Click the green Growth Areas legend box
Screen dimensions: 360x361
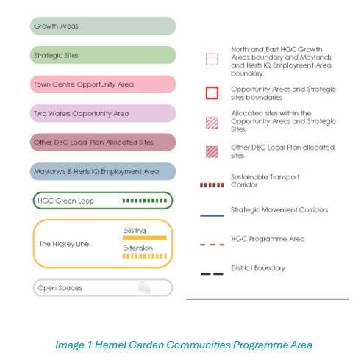103,26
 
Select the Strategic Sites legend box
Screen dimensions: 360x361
103,55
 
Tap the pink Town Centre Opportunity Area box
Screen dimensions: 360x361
103,84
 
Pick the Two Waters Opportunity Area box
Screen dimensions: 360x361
103,113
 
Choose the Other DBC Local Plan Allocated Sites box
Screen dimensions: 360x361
103,142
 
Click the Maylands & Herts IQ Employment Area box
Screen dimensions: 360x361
103,171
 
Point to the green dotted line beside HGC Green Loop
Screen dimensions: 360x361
145,201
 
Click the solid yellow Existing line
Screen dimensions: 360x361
145,237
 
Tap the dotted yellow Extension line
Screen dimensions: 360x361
145,256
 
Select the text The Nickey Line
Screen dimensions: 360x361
63,244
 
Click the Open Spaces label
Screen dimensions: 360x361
60,288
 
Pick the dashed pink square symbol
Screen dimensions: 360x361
212,60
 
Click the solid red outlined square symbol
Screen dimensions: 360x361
212,93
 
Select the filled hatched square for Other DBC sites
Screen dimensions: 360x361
212,152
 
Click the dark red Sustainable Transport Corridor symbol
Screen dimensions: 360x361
212,185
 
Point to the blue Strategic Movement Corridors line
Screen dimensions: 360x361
212,215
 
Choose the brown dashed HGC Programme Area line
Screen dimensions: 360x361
212,244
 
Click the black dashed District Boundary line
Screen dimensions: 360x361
212,273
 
